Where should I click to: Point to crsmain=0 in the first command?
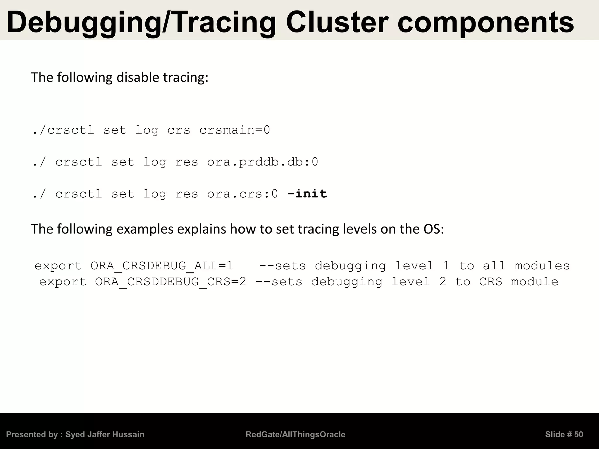(x=235, y=130)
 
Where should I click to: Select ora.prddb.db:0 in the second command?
(x=262, y=162)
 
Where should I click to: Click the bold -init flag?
(x=307, y=194)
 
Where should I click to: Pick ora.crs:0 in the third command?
(x=242, y=194)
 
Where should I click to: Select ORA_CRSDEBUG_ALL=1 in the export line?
(x=162, y=266)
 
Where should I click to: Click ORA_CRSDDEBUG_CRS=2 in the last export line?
(x=171, y=282)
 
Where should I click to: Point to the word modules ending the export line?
(x=542, y=266)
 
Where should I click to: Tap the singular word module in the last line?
(x=534, y=282)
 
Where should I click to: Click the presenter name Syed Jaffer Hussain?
(x=105, y=434)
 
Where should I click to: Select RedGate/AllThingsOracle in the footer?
(x=295, y=434)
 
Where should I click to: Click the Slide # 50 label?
(x=564, y=434)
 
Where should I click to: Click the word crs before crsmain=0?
(x=178, y=130)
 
